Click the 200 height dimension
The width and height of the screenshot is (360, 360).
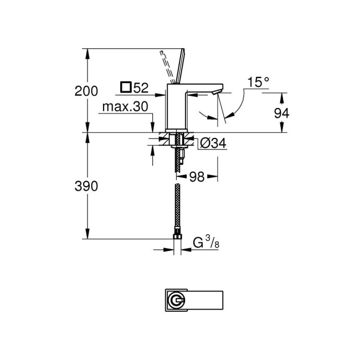[x=86, y=91]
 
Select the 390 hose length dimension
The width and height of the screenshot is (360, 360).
[x=86, y=187]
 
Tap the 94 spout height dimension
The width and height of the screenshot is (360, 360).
[x=283, y=113]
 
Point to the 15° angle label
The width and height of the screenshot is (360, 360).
[x=258, y=83]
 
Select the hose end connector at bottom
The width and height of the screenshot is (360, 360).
[x=176, y=238]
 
